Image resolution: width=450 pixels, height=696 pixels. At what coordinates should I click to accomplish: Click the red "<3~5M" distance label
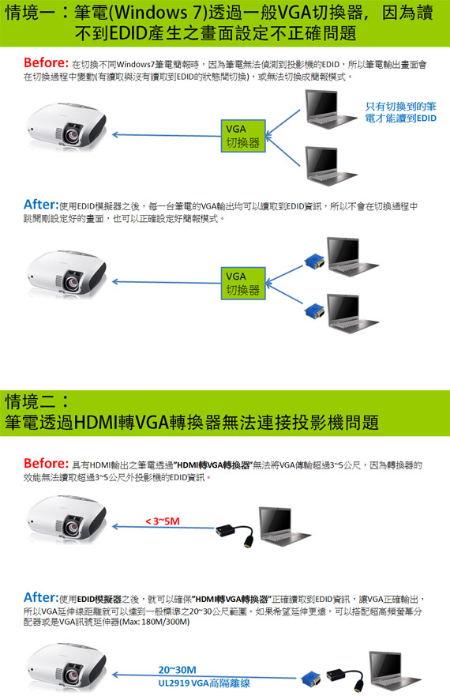163,521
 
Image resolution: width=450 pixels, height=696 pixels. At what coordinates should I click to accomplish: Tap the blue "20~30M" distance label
177,669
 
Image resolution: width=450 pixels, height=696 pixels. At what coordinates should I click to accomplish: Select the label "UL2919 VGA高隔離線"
204,683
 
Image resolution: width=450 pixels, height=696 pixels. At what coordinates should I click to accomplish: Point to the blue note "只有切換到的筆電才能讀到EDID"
401,112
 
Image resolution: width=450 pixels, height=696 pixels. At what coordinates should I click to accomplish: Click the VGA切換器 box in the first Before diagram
243,136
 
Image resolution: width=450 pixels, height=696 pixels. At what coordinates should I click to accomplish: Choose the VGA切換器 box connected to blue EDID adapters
243,283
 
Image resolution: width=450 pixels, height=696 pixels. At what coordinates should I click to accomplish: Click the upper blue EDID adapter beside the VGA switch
315,261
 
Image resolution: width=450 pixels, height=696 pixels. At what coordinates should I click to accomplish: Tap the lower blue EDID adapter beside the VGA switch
315,310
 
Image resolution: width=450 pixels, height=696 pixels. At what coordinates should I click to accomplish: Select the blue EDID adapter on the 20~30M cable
310,679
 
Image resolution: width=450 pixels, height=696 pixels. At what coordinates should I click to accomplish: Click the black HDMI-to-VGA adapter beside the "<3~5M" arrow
235,534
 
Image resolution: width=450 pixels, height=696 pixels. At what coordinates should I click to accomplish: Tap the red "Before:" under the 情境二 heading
46,463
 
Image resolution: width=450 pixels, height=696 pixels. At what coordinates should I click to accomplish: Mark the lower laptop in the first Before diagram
330,165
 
